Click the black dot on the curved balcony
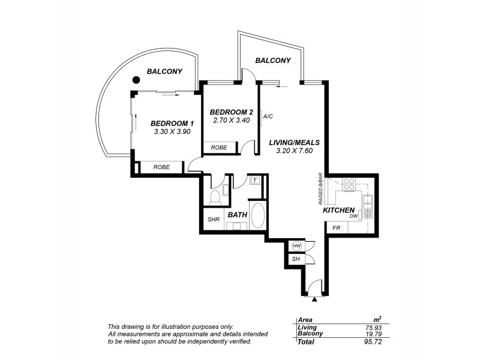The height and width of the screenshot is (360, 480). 137,79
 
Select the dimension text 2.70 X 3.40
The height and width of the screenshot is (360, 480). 231,120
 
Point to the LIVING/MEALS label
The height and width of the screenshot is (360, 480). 294,142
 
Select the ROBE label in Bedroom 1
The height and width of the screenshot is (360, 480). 161,167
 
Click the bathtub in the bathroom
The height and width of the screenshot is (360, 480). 258,215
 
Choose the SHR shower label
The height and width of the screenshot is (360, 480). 214,220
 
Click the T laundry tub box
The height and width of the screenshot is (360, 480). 254,180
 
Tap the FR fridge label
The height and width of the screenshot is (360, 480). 336,228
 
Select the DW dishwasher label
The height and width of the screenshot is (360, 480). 354,216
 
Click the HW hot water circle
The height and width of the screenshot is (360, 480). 296,245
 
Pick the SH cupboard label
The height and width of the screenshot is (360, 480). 296,259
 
